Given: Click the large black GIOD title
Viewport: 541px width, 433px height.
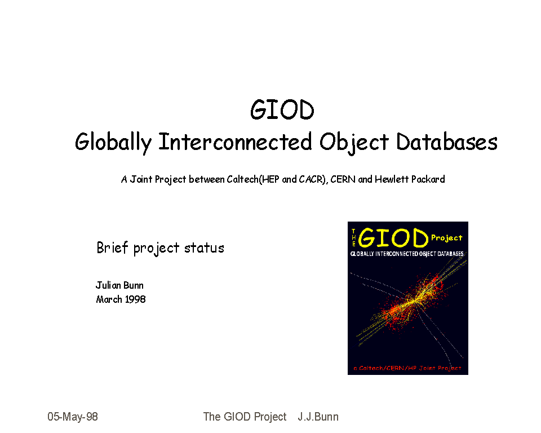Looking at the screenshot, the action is pos(282,110).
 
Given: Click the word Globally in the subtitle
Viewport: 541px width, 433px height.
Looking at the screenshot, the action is pos(113,142).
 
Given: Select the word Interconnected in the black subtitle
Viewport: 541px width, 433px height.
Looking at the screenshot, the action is pos(235,142).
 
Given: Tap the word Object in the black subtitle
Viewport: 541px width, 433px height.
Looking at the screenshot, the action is pos(354,142).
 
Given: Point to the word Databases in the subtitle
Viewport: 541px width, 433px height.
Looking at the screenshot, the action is pos(446,142).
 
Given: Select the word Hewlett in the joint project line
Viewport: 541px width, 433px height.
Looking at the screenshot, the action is pos(392,179).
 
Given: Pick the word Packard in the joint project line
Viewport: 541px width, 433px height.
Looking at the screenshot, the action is pos(428,179).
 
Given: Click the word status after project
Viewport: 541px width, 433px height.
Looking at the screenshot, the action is pos(204,248).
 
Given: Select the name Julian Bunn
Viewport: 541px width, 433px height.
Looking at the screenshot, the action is pos(119,285).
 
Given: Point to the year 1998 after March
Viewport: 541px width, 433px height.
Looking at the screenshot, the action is pos(135,299).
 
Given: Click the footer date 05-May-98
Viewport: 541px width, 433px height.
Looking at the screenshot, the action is pos(73,417).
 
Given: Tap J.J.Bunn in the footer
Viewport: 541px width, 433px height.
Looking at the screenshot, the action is pos(318,417).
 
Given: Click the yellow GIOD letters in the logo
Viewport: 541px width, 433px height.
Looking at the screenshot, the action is pos(393,238).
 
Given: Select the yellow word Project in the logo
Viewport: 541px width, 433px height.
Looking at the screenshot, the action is pos(446,238).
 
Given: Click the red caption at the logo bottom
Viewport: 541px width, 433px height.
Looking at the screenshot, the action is pos(407,368).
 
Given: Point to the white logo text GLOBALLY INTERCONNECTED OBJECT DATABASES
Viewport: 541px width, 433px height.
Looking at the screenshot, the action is pos(407,254).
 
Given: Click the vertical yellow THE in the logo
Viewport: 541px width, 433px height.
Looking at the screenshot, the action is pos(353,237).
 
